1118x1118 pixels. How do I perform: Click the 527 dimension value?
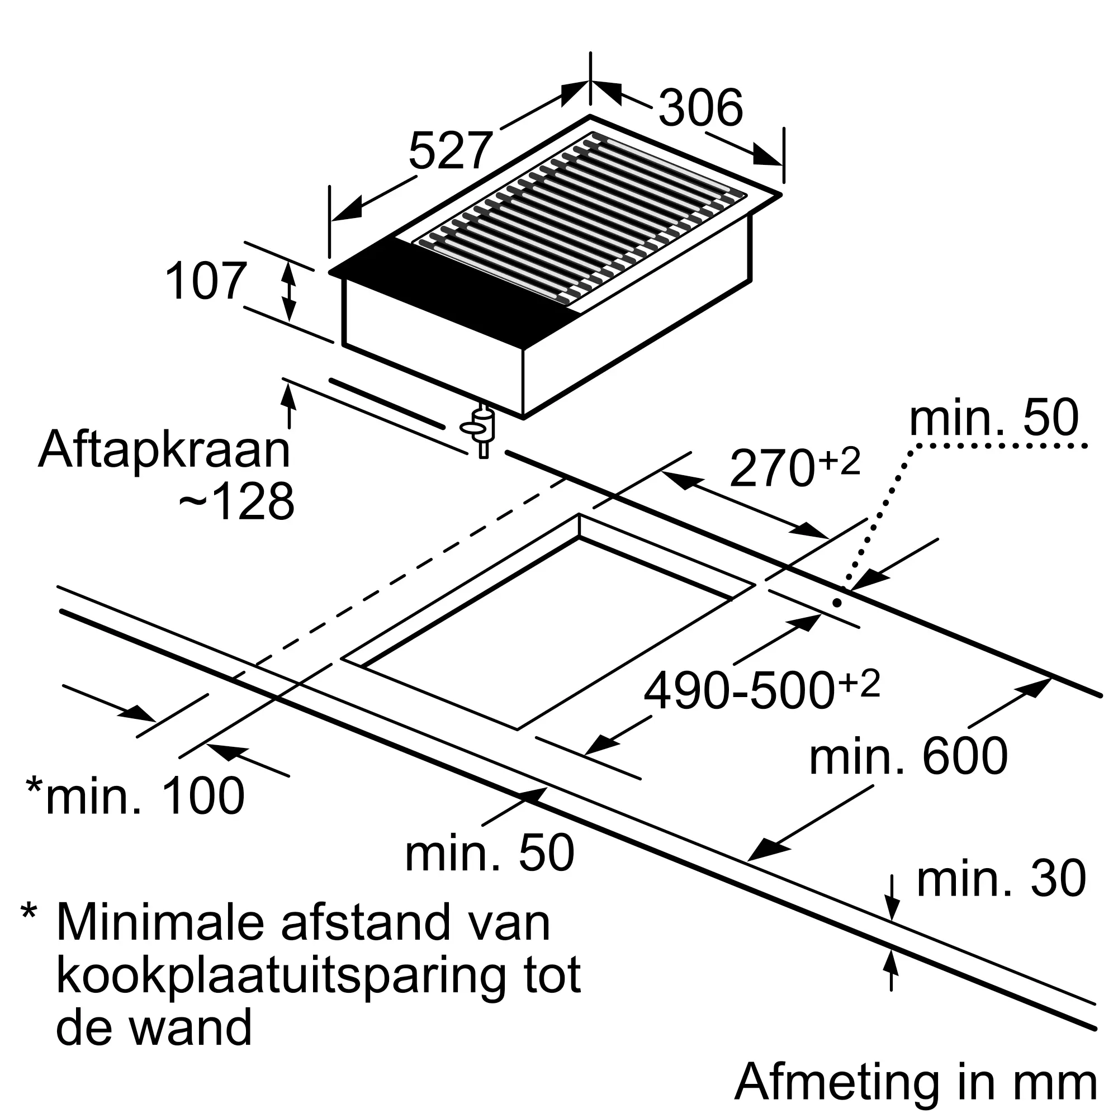tap(450, 151)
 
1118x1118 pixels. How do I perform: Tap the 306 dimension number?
tap(700, 108)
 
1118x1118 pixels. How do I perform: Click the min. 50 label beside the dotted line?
tap(993, 418)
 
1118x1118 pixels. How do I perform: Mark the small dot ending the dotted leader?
tap(836, 603)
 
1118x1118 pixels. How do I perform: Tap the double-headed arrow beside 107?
tap(289, 291)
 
